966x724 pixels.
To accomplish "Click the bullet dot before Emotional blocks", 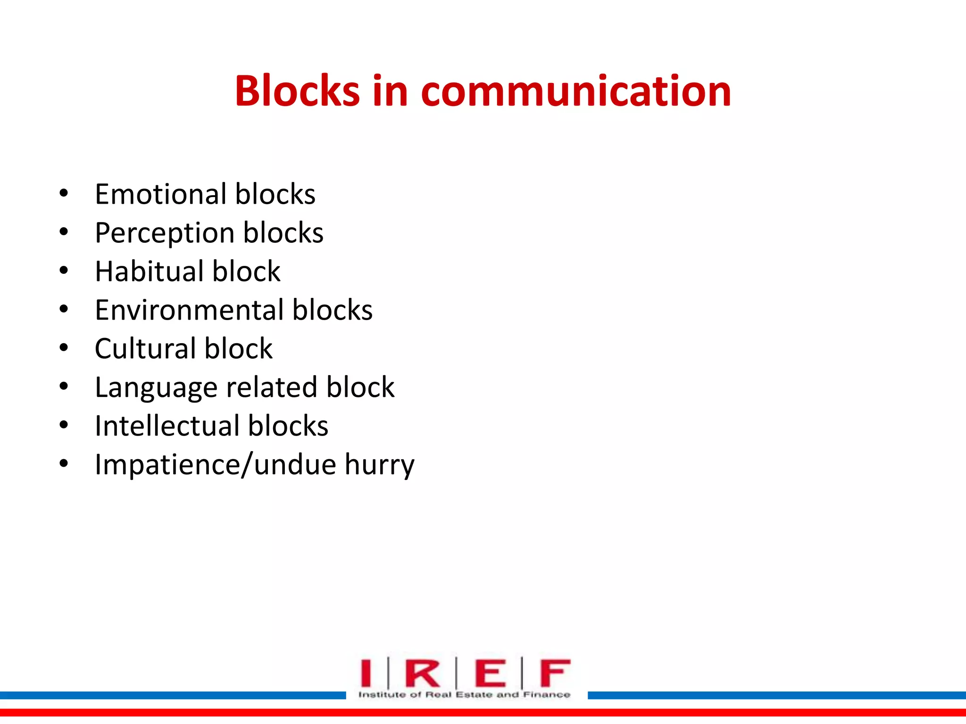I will click(x=64, y=193).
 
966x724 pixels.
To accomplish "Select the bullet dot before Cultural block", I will click(x=64, y=348).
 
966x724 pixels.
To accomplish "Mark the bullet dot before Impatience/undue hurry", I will click(x=64, y=464).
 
